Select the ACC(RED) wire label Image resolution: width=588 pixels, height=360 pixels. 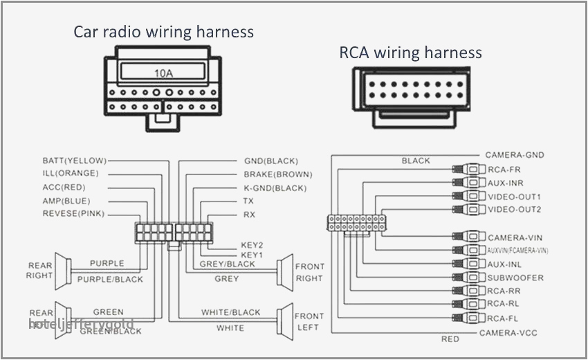pyautogui.click(x=64, y=187)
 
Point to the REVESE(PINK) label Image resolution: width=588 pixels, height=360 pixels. pyautogui.click(x=73, y=213)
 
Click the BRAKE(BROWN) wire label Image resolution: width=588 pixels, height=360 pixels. pyautogui.click(x=277, y=174)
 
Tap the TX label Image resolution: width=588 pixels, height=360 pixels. pyautogui.click(x=248, y=201)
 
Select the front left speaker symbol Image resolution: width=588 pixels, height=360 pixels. pyautogui.click(x=284, y=321)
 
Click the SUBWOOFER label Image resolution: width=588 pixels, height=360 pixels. pyautogui.click(x=515, y=278)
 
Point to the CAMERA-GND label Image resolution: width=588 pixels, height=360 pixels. pyautogui.click(x=514, y=155)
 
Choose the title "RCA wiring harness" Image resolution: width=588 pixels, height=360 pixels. pyautogui.click(x=410, y=53)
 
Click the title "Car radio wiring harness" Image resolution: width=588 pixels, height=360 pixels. pyautogui.click(x=164, y=32)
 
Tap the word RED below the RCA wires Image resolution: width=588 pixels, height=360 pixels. pyautogui.click(x=450, y=339)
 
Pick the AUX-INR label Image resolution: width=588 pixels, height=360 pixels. pyautogui.click(x=505, y=183)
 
